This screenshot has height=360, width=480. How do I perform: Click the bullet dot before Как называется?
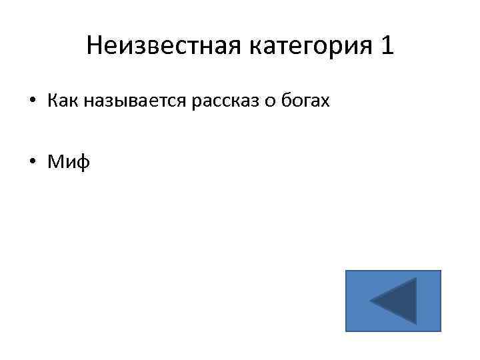pos(31,102)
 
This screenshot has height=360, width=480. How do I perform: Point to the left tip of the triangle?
pos(371,301)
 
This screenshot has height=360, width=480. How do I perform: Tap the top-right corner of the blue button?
pos(440,271)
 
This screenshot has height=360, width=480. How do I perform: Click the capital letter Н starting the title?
pos(93,46)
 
